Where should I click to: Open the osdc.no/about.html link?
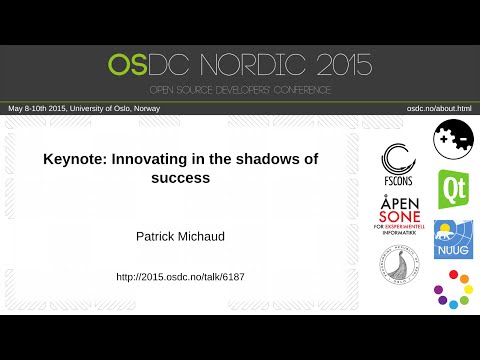[438, 107]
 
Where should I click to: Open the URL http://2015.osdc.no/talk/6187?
[180, 276]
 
